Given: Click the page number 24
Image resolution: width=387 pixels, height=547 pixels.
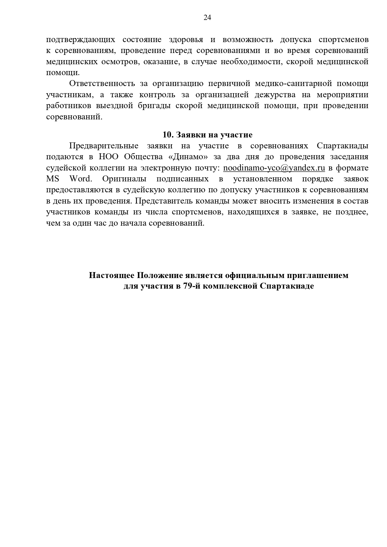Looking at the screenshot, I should click(207, 18).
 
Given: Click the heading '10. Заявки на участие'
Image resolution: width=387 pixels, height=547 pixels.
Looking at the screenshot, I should click(207, 135).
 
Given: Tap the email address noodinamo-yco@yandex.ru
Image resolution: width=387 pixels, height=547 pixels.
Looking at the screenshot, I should click(274, 168).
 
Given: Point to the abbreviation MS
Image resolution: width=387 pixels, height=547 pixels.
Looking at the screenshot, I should click(52, 179).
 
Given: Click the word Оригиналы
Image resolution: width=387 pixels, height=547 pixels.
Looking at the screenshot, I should click(125, 179).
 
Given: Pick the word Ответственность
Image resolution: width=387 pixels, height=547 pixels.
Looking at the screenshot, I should click(102, 84).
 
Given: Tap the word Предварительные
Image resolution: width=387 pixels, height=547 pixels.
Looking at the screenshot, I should click(104, 146).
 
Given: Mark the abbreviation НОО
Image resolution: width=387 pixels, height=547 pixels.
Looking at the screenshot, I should click(108, 157).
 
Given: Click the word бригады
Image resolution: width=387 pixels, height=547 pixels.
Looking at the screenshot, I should click(154, 106).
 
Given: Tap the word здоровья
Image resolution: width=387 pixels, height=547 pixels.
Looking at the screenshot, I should click(186, 40).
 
